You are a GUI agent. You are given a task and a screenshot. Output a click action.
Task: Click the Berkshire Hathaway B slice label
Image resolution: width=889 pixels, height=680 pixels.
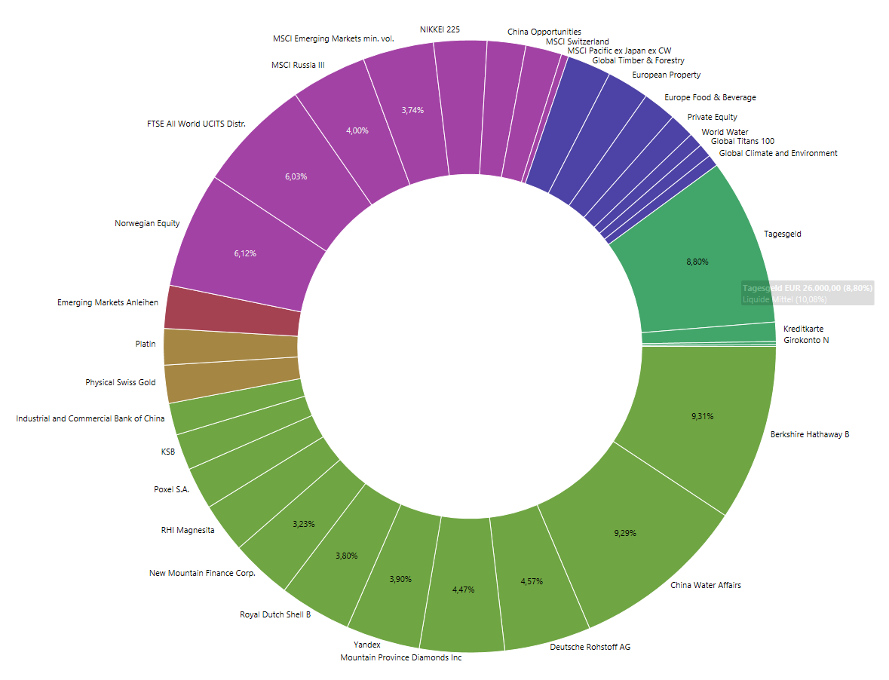point(809,434)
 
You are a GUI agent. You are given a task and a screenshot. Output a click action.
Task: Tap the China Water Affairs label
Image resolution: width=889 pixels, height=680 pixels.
point(705,585)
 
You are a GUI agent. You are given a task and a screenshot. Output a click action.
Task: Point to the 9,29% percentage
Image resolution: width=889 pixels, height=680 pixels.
point(625,533)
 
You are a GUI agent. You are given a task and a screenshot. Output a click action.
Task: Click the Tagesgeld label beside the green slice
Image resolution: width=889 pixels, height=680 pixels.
point(782,234)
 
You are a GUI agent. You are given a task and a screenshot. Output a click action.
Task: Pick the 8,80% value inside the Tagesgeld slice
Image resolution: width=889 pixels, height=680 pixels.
point(697,262)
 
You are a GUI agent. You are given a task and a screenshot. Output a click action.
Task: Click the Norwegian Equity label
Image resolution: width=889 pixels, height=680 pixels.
point(147,223)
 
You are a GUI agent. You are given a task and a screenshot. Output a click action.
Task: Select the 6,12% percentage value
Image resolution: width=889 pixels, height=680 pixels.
point(245,253)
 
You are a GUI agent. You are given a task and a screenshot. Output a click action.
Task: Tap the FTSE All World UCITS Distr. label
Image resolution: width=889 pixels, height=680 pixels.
point(196,124)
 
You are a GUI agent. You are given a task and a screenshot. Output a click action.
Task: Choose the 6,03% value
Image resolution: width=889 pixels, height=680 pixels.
point(296,176)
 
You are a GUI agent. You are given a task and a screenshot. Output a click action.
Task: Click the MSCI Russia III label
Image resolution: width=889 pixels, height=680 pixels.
point(298,65)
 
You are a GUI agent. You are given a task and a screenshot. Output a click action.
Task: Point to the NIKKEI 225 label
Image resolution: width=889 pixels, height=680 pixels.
point(440,29)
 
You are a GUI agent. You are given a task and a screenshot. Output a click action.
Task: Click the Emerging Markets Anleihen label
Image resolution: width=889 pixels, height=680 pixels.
point(108,302)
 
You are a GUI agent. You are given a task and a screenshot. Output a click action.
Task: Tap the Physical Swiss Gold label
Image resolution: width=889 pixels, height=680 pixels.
point(121,382)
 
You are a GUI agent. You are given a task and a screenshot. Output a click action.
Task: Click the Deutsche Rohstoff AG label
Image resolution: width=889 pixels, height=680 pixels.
point(590,647)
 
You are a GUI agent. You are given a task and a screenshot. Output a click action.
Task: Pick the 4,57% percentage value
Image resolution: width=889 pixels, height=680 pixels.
point(532,581)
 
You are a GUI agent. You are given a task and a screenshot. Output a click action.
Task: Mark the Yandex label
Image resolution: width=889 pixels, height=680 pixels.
point(367,645)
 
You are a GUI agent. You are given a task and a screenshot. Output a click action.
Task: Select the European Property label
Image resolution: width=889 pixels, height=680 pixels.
point(666,75)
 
